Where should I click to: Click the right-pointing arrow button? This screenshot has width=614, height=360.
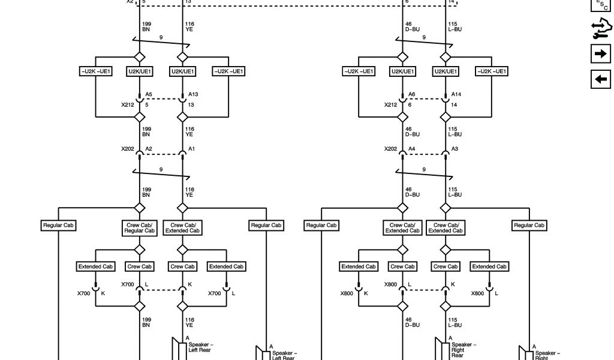[x=600, y=53]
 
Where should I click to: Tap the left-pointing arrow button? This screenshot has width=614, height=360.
[x=600, y=79]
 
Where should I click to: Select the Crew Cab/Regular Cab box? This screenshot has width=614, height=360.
[x=140, y=228]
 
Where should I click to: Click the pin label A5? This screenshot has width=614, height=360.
[x=149, y=94]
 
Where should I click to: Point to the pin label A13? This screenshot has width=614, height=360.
[x=193, y=94]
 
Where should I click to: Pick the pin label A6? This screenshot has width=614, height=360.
[x=411, y=94]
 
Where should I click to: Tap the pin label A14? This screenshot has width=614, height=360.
[x=456, y=94]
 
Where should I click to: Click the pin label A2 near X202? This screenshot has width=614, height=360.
[x=149, y=148]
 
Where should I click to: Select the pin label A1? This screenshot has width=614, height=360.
[x=192, y=148]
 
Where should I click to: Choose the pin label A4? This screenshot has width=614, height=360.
[x=411, y=148]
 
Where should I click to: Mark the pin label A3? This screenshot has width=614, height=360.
[x=455, y=148]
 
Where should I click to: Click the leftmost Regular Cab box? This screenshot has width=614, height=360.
[x=58, y=225]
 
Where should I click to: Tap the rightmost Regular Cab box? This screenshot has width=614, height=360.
[x=529, y=225]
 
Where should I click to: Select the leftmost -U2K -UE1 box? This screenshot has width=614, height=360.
[x=96, y=71]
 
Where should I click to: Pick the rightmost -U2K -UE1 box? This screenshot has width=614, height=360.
[x=491, y=71]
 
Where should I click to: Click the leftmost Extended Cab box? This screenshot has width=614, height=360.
[x=96, y=266]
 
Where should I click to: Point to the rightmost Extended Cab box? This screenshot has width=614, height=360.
[x=489, y=266]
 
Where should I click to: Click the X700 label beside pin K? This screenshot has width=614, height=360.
[x=84, y=293]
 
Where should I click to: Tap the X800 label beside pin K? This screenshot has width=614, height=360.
[x=347, y=293]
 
